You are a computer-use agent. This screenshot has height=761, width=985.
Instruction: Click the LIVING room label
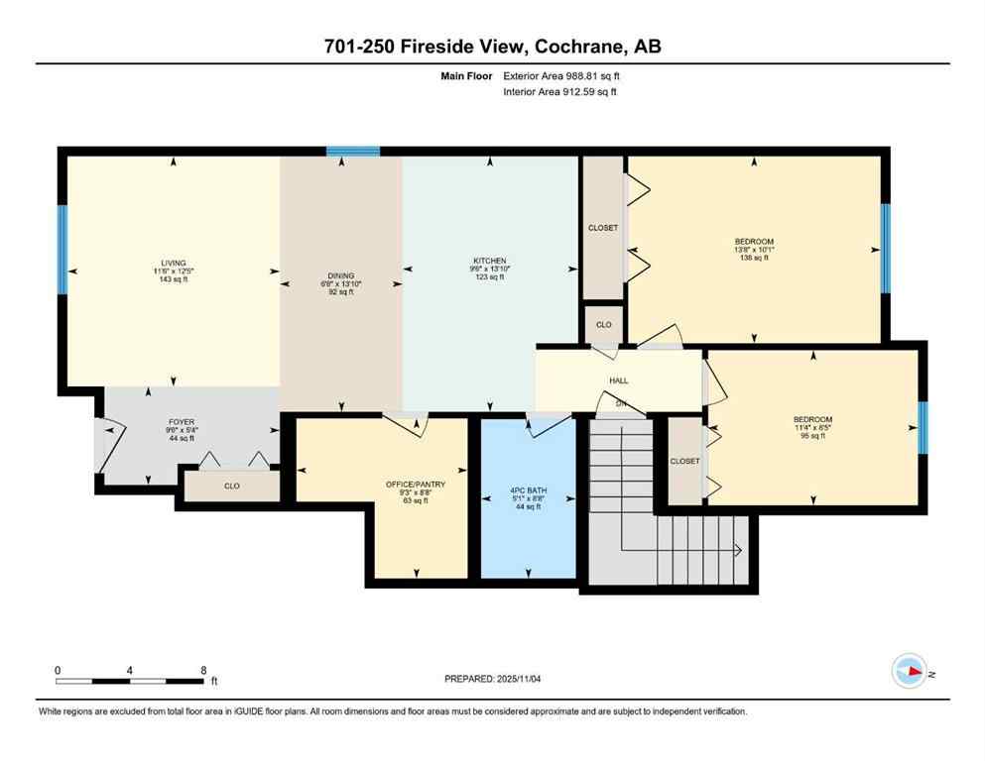click(x=175, y=264)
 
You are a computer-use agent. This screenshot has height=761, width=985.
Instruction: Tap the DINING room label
click(x=341, y=276)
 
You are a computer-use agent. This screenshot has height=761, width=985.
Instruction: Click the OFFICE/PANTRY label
click(x=415, y=485)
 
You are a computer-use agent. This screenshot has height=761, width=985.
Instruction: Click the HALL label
click(x=619, y=380)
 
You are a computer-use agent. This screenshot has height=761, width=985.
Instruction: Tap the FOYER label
click(x=181, y=422)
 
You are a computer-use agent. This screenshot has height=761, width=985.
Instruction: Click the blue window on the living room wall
click(x=62, y=249)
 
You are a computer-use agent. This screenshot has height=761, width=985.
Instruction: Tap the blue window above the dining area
click(x=353, y=152)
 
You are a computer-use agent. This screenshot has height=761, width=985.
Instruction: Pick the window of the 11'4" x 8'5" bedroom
click(x=922, y=426)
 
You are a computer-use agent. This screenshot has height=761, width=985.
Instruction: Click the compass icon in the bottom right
click(x=909, y=671)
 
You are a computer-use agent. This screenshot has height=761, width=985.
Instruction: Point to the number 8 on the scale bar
click(x=203, y=670)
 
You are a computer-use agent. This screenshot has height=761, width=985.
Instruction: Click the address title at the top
click(x=492, y=47)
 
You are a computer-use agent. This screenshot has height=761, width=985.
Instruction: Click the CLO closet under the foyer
click(x=231, y=486)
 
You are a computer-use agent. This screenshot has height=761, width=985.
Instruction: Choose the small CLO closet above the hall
click(x=603, y=324)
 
